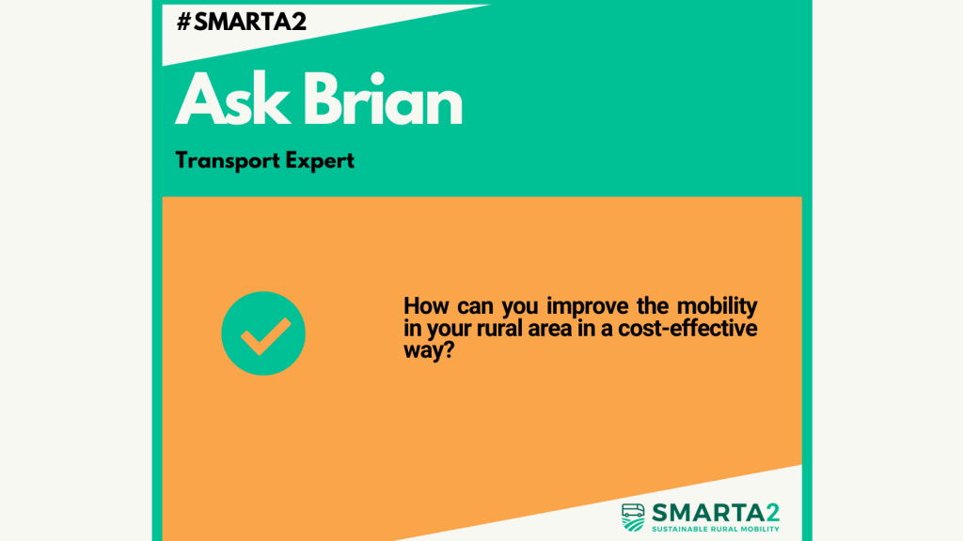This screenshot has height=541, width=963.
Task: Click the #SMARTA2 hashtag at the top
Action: tap(242, 23)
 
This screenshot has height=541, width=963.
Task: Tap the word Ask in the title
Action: tap(233, 100)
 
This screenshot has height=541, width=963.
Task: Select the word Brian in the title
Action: tap(383, 100)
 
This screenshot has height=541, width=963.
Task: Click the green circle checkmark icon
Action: tap(263, 333)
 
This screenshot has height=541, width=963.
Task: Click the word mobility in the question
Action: tap(718, 305)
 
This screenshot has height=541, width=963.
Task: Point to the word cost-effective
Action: tap(687, 329)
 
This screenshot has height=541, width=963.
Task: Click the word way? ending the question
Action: tap(429, 351)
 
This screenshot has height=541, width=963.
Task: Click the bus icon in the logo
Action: tap(633, 518)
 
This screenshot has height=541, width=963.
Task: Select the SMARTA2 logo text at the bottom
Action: tap(716, 513)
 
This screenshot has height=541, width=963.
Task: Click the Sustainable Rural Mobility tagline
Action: tap(716, 529)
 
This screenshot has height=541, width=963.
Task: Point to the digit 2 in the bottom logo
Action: tap(772, 513)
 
